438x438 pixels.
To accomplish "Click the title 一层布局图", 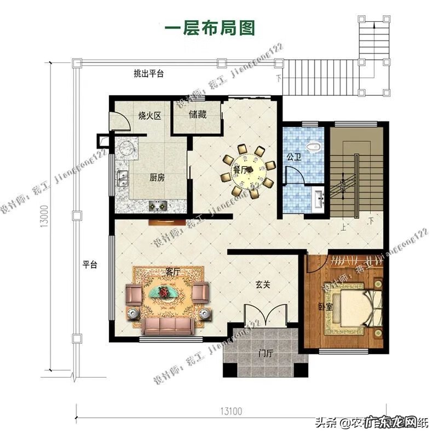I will click(x=210, y=28).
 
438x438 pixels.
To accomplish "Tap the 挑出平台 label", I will click(x=149, y=74).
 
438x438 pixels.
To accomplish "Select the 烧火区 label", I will click(x=149, y=116).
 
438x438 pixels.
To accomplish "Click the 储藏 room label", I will click(x=198, y=115).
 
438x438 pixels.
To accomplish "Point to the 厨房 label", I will click(x=158, y=178).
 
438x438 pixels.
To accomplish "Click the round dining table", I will click(x=248, y=169).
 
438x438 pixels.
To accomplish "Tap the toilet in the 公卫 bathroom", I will click(x=314, y=146).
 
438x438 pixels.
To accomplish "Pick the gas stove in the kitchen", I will click(x=158, y=206).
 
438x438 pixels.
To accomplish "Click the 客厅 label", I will click(x=173, y=272).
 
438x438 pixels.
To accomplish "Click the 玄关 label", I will click(x=262, y=285).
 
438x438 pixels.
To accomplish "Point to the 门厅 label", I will click(x=266, y=354).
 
